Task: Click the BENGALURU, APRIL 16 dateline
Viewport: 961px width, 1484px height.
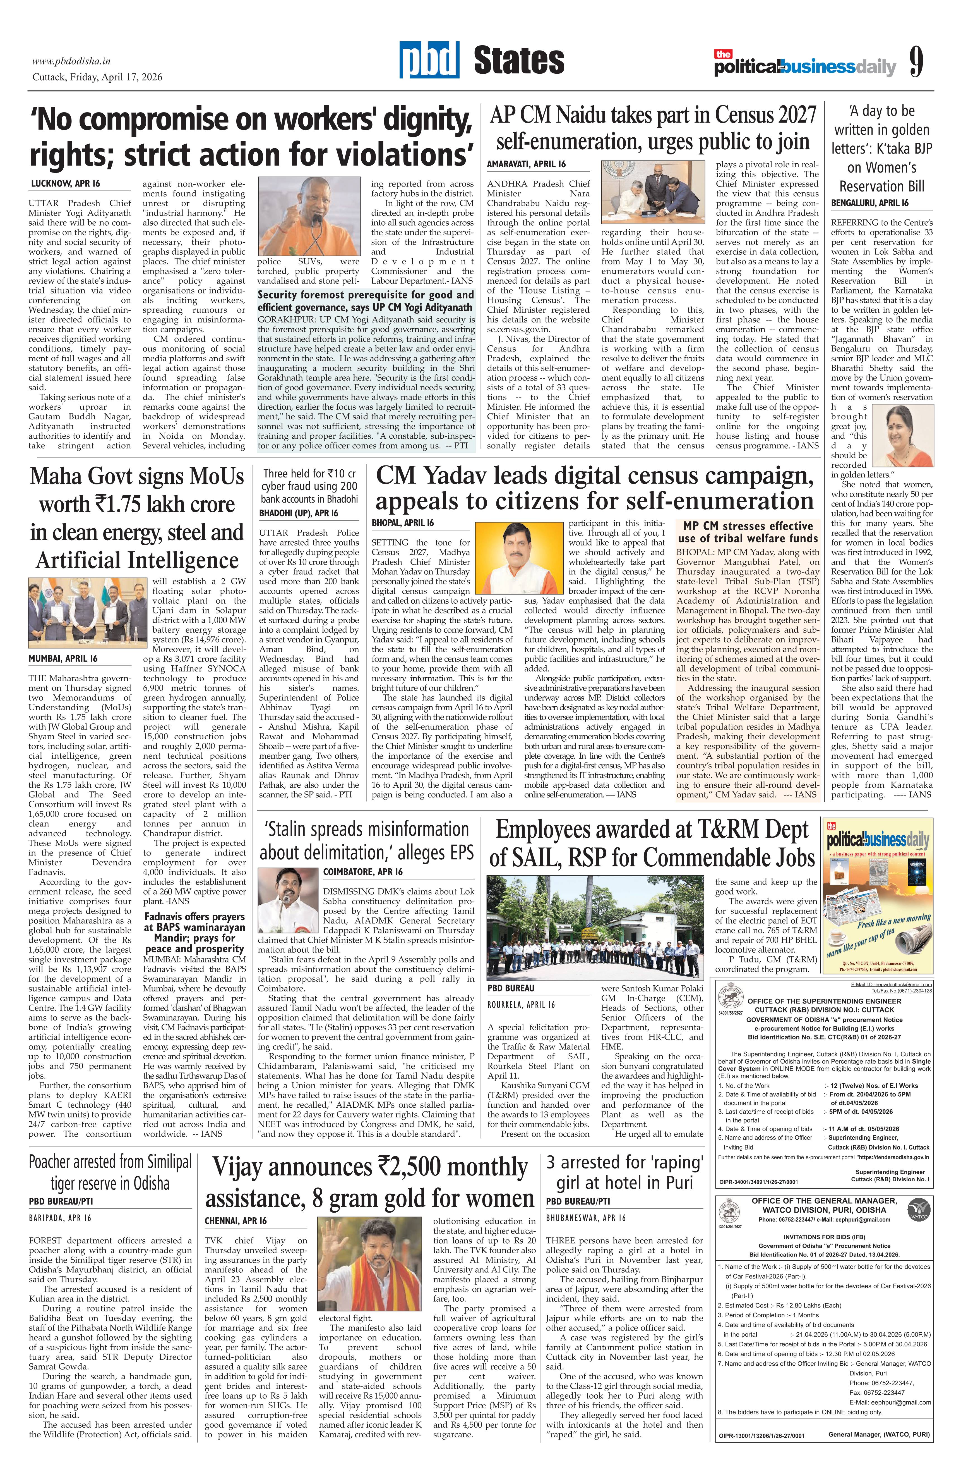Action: (869, 203)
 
